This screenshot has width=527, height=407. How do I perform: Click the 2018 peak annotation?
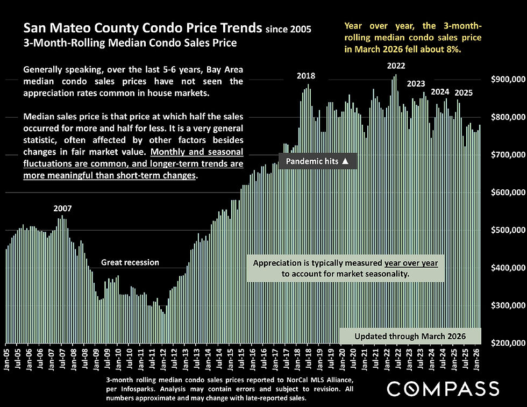(306, 76)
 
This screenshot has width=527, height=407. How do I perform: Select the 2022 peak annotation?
(396, 66)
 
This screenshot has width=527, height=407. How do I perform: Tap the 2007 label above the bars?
(62, 208)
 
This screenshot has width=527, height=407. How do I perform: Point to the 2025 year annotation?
(463, 92)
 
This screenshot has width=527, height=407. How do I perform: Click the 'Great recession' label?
(130, 262)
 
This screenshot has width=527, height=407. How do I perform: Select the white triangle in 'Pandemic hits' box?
(345, 161)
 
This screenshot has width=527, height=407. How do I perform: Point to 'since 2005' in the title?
(289, 28)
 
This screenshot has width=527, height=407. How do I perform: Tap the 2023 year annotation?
(416, 84)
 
